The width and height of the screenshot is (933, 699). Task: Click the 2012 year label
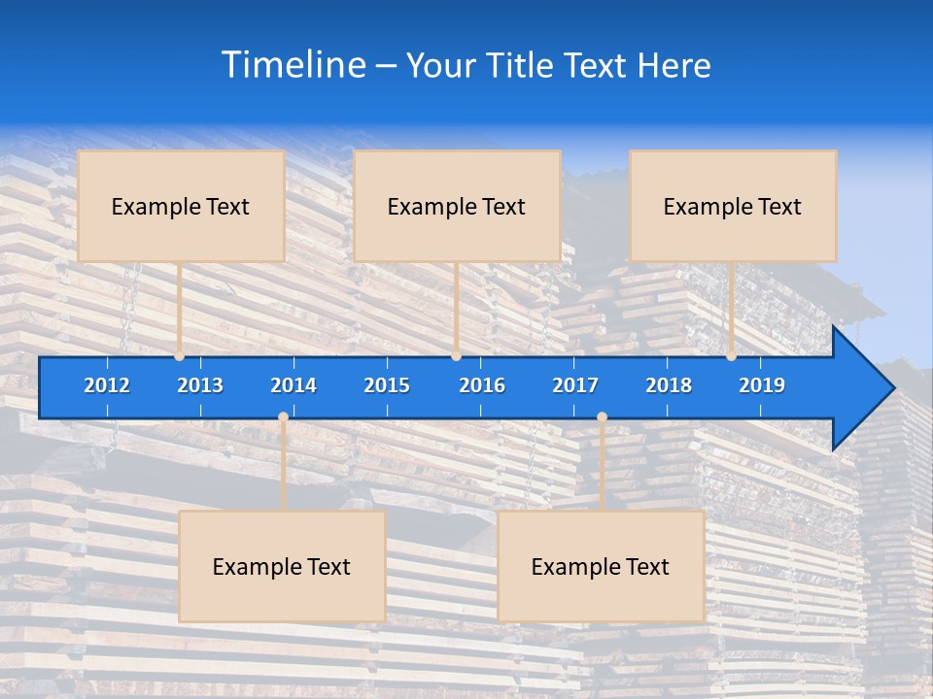click(107, 385)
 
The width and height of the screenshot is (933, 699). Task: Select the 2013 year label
click(200, 385)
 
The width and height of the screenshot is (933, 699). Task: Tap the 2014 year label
click(294, 385)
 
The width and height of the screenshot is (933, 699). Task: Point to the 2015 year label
click(387, 385)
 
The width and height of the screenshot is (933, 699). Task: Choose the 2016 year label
click(482, 385)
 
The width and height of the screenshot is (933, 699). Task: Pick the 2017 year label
click(575, 385)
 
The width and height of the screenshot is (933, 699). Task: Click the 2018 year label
click(669, 385)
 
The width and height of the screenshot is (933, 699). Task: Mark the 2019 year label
click(762, 385)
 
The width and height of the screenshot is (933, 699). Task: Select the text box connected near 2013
click(181, 206)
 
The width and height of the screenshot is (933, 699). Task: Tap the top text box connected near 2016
click(457, 206)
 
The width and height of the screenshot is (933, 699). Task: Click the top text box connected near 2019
click(733, 206)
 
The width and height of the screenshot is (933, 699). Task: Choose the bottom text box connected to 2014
click(282, 566)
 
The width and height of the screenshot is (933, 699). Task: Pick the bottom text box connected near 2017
click(601, 566)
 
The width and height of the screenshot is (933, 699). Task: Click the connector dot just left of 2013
click(180, 356)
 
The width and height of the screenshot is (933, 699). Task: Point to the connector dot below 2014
click(283, 417)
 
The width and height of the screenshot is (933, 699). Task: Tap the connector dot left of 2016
click(456, 356)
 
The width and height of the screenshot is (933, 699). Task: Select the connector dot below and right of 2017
click(602, 417)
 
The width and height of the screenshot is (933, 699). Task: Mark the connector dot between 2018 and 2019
click(731, 356)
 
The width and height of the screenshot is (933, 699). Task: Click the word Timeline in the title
click(294, 65)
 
